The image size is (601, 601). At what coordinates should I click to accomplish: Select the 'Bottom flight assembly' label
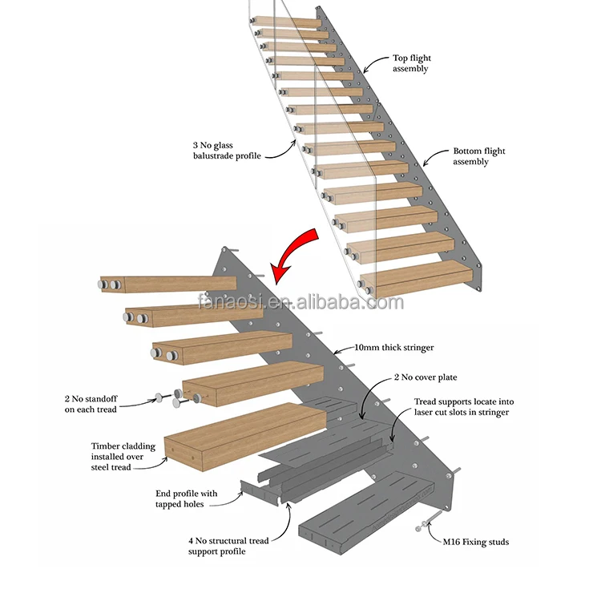[478, 156]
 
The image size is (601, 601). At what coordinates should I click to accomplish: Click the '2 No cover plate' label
[425, 377]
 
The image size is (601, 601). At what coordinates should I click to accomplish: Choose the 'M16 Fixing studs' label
[475, 543]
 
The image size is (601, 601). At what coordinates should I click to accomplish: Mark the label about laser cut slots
[461, 406]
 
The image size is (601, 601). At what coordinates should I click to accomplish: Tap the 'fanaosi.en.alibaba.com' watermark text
[301, 303]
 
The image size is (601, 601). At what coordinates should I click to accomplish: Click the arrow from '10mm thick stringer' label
[340, 349]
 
